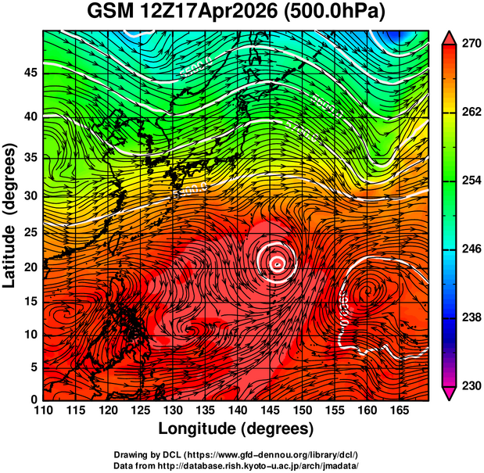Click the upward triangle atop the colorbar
coord(449,38)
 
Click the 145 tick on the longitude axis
coord(269,410)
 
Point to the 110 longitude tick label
coord(43,410)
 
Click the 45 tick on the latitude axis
coord(30,72)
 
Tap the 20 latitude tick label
coord(30,267)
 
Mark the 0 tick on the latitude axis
coord(34,400)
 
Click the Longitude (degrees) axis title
coord(235,428)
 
